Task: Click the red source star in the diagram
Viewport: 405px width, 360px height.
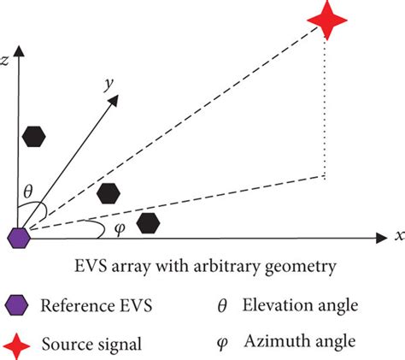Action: coord(327,20)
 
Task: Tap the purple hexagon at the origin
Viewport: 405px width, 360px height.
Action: coord(19,238)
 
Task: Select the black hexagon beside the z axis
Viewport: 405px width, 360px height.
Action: coord(34,137)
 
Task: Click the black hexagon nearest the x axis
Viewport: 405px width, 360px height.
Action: coord(148,223)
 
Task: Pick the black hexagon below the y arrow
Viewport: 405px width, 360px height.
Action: coord(109,193)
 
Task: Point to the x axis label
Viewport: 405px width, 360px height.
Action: coord(400,236)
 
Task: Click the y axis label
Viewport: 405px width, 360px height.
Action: coord(109,84)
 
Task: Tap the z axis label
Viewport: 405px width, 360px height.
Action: coord(5,61)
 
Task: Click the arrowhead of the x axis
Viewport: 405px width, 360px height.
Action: coord(382,238)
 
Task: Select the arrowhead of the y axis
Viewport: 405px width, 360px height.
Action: coord(114,100)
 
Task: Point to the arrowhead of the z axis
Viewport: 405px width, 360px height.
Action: coord(19,50)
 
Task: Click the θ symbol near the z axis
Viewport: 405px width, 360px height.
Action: coord(28,192)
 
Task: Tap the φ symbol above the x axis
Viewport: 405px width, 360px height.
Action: coord(120,228)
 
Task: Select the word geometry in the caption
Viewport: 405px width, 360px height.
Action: coord(300,268)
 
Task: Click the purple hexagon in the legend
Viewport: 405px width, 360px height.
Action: coord(16,305)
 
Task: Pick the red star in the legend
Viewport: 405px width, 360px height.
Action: coord(17,346)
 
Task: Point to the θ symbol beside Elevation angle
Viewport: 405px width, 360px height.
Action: coord(222,306)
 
